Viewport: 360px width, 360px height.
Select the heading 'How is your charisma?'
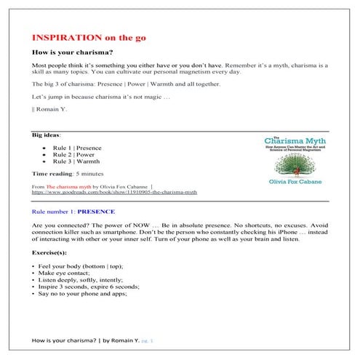(x=71, y=52)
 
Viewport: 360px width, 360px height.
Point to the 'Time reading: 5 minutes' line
(x=67, y=175)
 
